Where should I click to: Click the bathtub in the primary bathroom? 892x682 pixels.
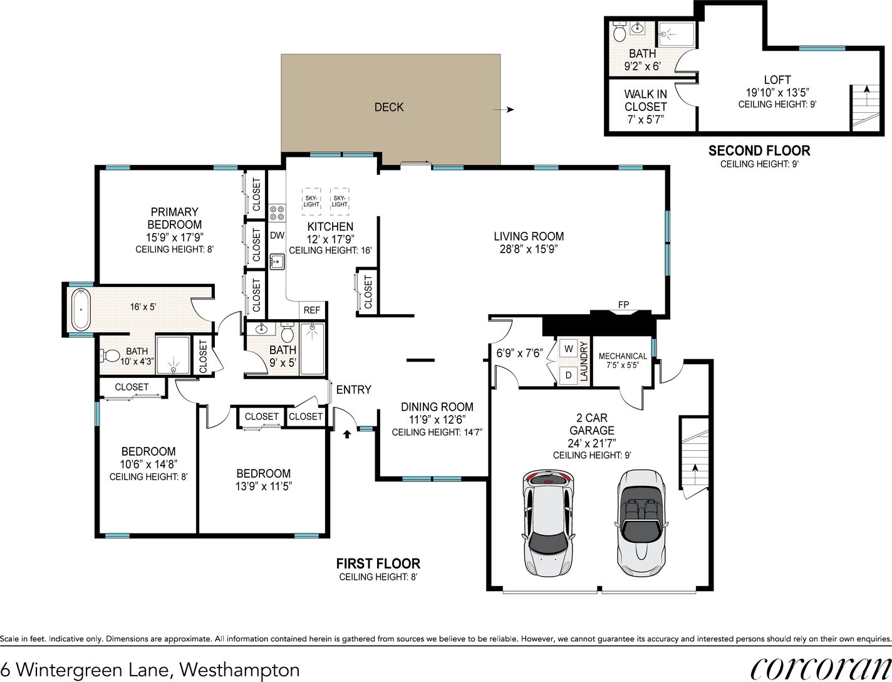tap(81, 310)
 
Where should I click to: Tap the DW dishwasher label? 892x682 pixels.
tap(277, 235)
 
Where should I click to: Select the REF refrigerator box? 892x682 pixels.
tap(312, 310)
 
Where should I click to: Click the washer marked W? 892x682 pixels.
tap(569, 349)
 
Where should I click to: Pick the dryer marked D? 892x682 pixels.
tap(569, 375)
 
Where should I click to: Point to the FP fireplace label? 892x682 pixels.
tap(623, 305)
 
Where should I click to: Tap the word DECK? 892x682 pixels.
tap(389, 107)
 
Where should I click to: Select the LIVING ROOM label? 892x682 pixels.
tap(529, 236)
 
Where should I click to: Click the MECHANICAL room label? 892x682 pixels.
tap(623, 356)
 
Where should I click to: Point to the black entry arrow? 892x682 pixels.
tap(346, 434)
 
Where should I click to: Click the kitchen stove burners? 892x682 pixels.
tap(277, 213)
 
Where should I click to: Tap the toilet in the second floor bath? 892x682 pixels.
tap(620, 31)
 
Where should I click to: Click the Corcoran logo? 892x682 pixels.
tap(821, 668)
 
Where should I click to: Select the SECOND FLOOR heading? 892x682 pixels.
tap(759, 151)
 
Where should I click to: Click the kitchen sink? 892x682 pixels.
tap(277, 261)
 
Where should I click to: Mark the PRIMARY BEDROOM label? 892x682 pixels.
tap(174, 218)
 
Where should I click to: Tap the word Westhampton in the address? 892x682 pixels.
tap(239, 670)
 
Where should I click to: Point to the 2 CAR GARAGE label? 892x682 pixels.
tap(592, 424)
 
